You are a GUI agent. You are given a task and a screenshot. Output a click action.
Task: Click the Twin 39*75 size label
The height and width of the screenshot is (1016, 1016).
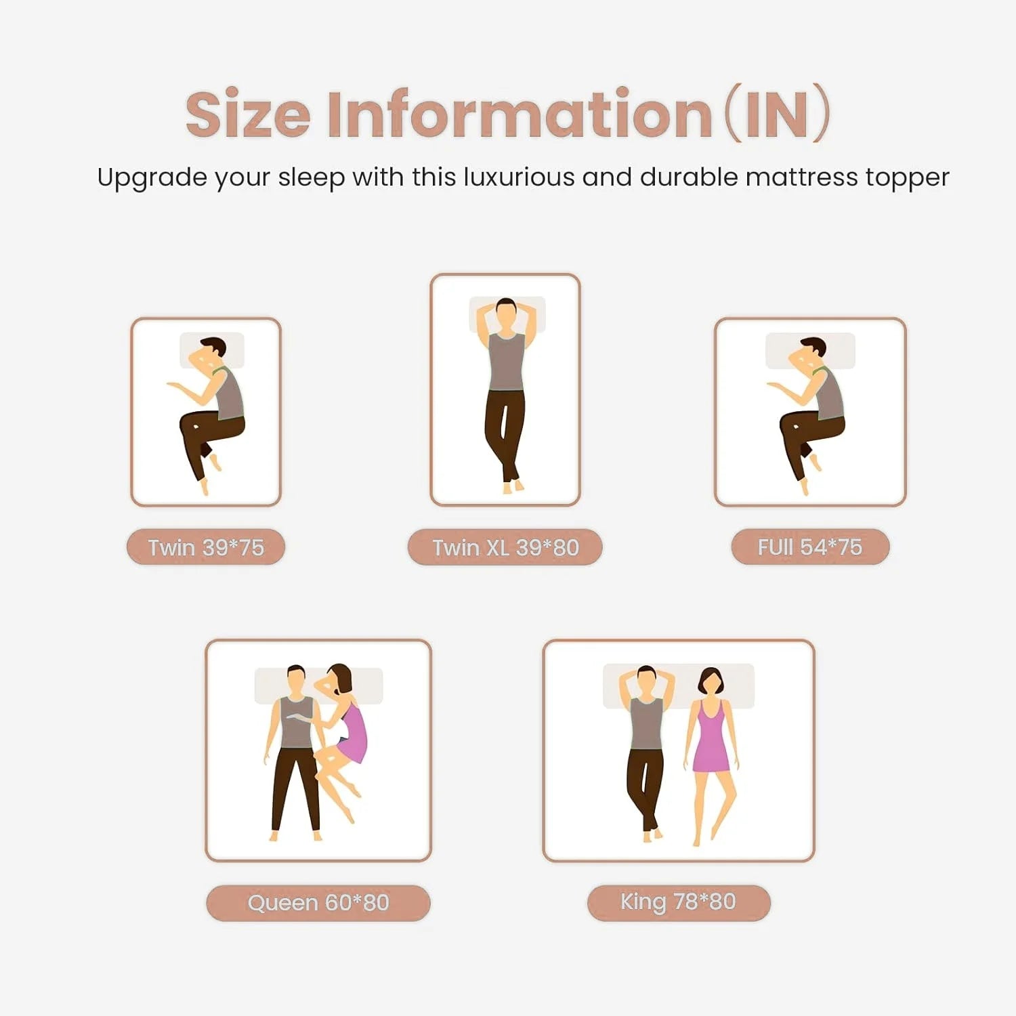[x=206, y=547]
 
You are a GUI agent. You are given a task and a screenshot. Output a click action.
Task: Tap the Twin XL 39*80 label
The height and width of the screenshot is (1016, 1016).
[x=505, y=547]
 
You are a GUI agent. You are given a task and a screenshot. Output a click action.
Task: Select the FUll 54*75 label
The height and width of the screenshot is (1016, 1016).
[x=810, y=547]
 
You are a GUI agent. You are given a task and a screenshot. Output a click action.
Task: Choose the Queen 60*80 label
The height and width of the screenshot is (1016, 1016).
[x=318, y=903]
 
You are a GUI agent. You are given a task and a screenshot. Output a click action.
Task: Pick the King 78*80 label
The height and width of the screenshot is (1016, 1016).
[x=679, y=902]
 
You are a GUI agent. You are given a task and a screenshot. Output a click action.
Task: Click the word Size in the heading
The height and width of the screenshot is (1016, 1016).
[x=248, y=114]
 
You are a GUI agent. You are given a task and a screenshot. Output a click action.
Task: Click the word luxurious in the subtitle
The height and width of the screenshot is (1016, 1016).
[x=519, y=177]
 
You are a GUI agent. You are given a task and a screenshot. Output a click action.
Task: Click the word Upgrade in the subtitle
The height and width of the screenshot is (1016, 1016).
[x=152, y=179]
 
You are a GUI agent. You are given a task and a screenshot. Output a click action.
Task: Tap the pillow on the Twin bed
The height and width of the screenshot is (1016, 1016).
[x=211, y=350]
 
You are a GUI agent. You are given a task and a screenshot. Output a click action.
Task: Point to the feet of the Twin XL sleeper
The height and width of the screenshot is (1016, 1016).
[x=513, y=486]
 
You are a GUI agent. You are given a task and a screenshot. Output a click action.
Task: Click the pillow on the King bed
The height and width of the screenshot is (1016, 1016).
[x=678, y=685]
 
